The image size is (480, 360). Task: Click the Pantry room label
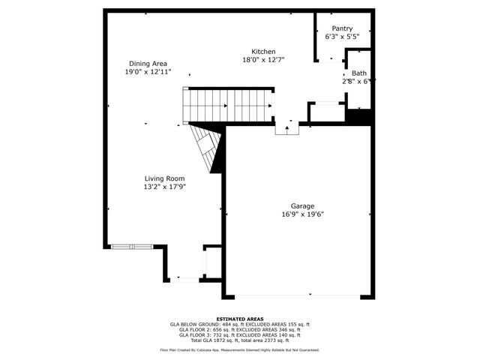coord(337,28)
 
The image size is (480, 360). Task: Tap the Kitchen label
coord(262,52)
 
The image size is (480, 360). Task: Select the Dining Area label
coord(147,64)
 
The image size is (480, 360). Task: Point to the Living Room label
coord(164,178)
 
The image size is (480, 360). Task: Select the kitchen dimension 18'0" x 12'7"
coord(262,60)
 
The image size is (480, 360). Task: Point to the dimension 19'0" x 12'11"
coord(147,72)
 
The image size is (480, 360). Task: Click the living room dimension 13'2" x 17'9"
coord(164,187)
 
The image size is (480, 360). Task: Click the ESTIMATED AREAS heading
coord(239,319)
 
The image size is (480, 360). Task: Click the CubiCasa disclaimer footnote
coord(239,350)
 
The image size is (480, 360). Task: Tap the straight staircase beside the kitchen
coord(229,104)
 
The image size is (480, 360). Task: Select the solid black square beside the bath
coord(359,117)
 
